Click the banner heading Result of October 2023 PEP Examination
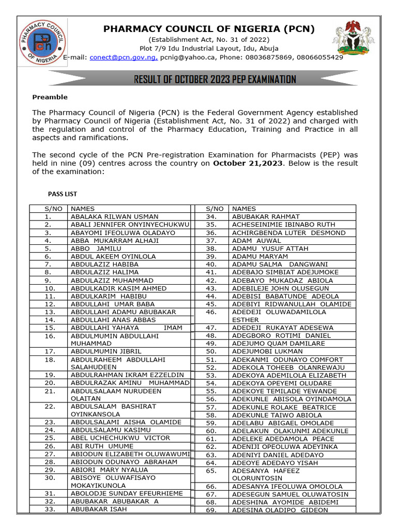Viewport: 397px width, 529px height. coord(215,79)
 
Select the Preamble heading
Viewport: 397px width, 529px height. coord(50,97)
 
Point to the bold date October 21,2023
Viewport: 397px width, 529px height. coord(248,163)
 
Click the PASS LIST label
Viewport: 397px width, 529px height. coord(63,194)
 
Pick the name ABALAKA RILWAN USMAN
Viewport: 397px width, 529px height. coord(114,216)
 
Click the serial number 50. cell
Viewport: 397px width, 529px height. coord(211,351)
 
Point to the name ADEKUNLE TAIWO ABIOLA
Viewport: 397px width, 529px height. coord(277,415)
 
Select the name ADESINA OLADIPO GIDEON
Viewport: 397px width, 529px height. coord(280,510)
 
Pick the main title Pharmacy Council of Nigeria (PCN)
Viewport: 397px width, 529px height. coord(209,29)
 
